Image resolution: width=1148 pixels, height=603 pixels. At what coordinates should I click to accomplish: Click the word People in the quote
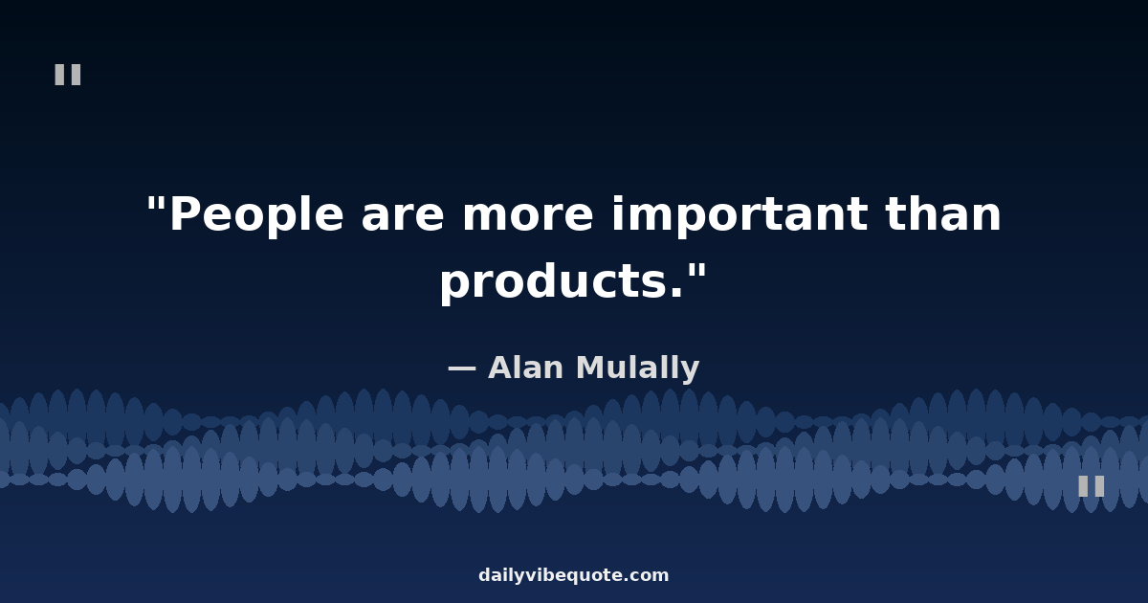coord(256,215)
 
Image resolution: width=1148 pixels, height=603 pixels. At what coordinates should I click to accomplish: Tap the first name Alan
coord(525,368)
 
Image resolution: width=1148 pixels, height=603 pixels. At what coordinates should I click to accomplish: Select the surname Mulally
coord(637,368)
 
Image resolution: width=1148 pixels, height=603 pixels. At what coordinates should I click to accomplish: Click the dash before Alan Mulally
coord(462,368)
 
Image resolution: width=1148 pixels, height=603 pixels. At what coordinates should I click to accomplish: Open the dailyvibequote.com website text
coord(573,575)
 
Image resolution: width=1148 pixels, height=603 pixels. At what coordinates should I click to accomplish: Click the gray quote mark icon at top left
coord(68,75)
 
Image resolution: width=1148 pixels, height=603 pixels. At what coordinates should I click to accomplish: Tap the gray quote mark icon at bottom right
coord(1092,486)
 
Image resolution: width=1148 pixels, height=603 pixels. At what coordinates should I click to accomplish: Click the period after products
coord(676,293)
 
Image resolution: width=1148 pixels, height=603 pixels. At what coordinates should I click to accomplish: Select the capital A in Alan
coord(501,368)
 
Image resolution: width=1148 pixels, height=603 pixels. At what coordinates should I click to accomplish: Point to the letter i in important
coord(618,214)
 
